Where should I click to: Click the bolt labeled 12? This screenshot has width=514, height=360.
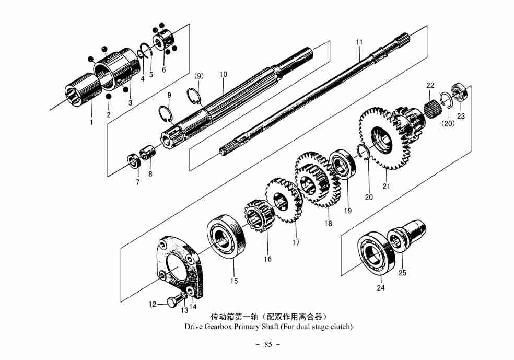pyautogui.click(x=174, y=301)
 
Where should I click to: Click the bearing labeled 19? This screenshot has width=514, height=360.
pyautogui.click(x=343, y=164)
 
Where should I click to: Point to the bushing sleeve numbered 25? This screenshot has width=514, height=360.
pyautogui.click(x=411, y=233)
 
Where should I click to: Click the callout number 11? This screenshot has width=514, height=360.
pyautogui.click(x=359, y=42)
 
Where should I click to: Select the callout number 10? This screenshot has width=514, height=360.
pyautogui.click(x=224, y=75)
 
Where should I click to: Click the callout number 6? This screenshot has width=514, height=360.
pyautogui.click(x=163, y=69)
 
